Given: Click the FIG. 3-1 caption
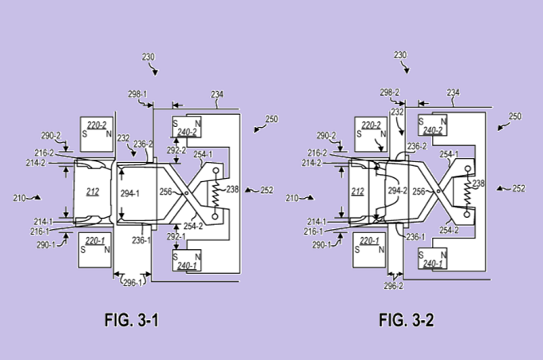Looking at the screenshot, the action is click(132, 320).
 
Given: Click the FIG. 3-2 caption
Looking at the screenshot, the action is click(406, 320).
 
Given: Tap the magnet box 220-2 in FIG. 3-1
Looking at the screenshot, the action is click(97, 134).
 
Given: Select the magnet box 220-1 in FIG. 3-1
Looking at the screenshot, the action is click(95, 250).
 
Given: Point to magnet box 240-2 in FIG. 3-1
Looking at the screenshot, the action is click(187, 127).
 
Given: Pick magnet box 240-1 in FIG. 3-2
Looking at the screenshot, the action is click(433, 259).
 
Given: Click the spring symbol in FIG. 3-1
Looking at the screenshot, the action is click(216, 193).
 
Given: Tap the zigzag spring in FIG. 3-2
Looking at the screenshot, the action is click(467, 192).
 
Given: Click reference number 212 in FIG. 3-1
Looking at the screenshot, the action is click(93, 192).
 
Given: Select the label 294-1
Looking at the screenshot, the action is click(130, 193).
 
